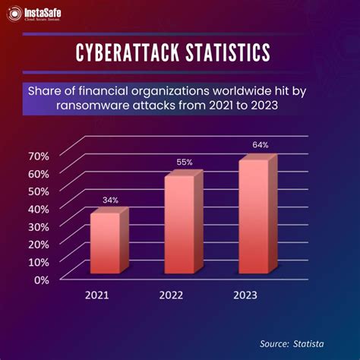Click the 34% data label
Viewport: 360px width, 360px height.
pos(110,201)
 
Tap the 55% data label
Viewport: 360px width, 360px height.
pos(185,162)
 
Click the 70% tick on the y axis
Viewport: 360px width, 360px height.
pos(39,156)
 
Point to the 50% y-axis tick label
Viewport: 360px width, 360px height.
pos(39,191)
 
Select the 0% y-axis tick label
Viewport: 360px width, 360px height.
pos(42,279)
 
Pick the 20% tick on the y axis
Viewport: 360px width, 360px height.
pos(39,244)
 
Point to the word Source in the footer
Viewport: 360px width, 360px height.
pos(273,343)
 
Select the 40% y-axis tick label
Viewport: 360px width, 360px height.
pos(39,209)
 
